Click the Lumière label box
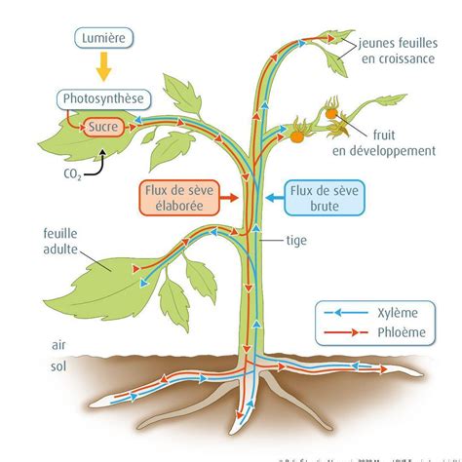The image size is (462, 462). pos(103,39)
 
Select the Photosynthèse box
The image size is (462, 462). pos(103,99)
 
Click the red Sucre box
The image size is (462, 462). pos(104,127)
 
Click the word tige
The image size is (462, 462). pos(297,240)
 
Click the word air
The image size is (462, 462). pos(60,344)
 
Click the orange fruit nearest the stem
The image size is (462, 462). pos(296,137)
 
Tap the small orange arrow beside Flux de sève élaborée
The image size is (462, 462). pos(231,198)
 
